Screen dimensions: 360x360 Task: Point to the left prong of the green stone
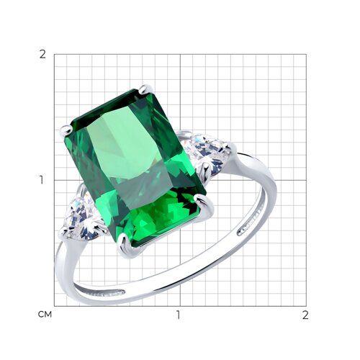click(66, 130)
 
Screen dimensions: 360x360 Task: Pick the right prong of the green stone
click(204, 202)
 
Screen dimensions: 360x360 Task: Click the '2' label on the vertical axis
click(42, 55)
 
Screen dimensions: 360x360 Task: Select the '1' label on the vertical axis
click(42, 180)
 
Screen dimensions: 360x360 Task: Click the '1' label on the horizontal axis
click(178, 315)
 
